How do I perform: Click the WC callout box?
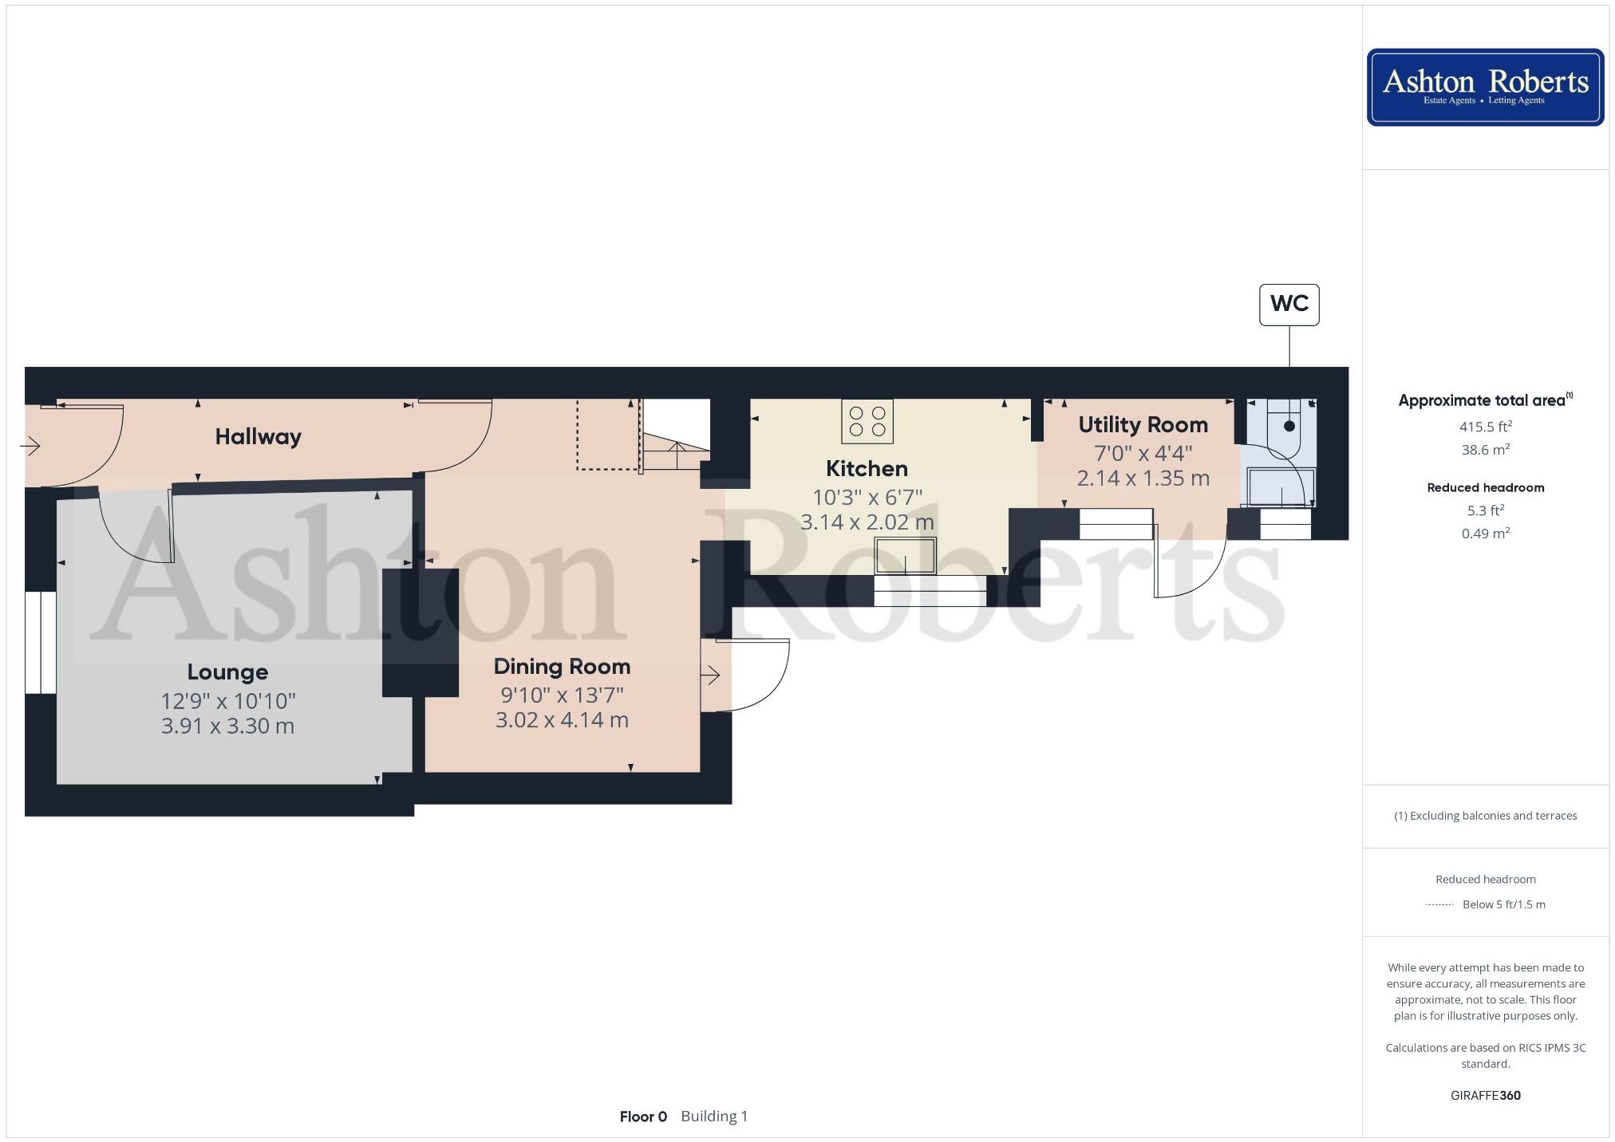click(x=1289, y=304)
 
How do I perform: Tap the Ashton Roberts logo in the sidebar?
click(x=1485, y=87)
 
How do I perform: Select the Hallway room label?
click(x=258, y=436)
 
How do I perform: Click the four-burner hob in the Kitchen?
click(x=867, y=421)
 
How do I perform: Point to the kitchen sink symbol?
click(x=905, y=555)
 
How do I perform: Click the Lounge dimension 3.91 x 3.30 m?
click(x=227, y=726)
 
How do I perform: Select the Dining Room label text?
click(x=562, y=666)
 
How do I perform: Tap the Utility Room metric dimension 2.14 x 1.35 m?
click(x=1143, y=478)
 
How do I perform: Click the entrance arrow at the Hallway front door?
click(x=30, y=445)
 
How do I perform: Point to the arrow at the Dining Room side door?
click(x=710, y=675)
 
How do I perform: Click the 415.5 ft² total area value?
click(x=1485, y=427)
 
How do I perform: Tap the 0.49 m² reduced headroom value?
click(x=1485, y=534)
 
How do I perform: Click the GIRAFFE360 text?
click(x=1485, y=1095)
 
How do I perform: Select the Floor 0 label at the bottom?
click(x=643, y=1116)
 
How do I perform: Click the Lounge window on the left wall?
click(x=40, y=643)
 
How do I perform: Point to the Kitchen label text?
click(x=867, y=468)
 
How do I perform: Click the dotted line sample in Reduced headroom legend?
click(x=1439, y=904)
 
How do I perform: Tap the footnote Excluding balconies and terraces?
click(x=1485, y=815)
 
